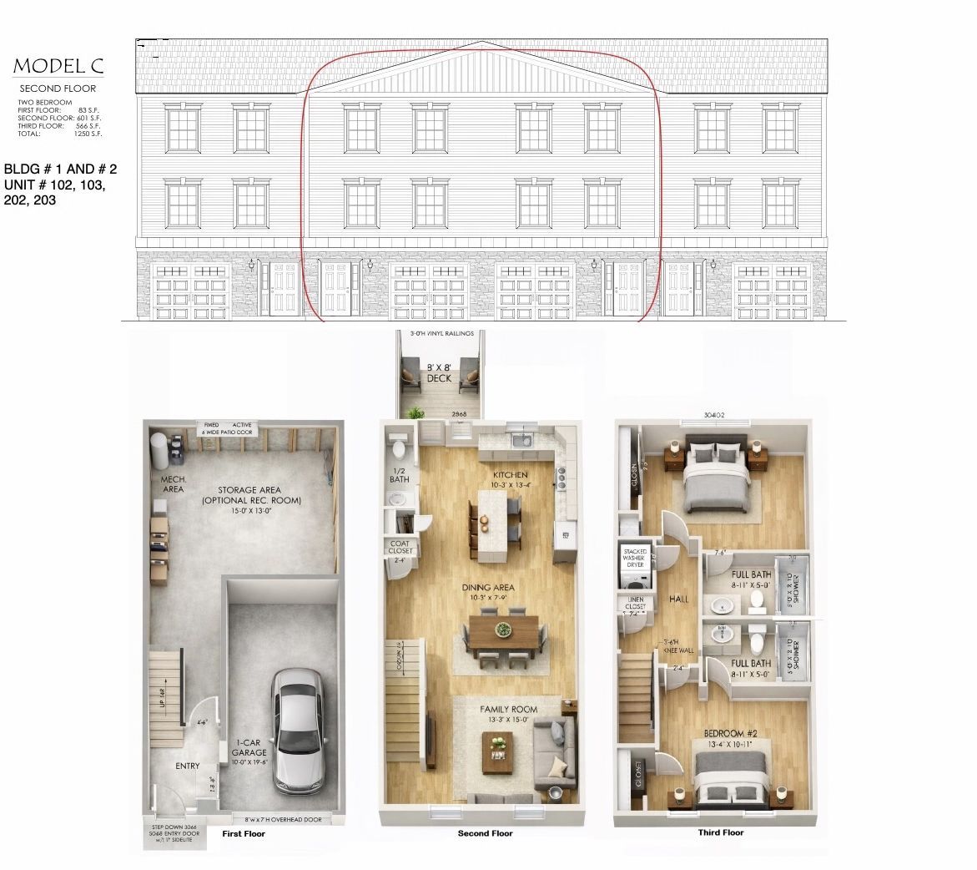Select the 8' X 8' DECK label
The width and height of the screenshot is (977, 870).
[x=439, y=372]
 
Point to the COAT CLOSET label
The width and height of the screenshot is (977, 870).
[x=399, y=547]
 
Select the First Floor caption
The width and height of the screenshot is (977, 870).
[x=244, y=833]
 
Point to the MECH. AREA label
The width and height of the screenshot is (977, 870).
[x=173, y=484]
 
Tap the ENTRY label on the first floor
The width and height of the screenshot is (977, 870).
[x=187, y=766]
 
